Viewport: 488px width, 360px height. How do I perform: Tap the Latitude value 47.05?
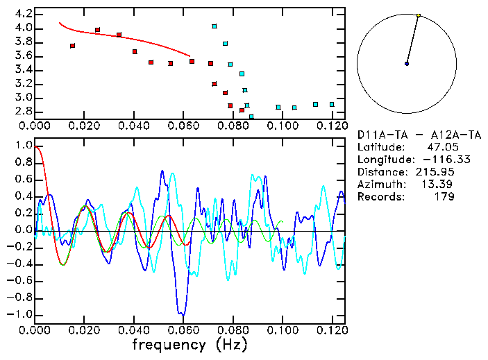click(x=440, y=147)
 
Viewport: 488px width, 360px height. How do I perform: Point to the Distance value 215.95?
click(x=437, y=172)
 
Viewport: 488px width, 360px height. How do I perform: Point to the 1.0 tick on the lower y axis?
click(x=23, y=146)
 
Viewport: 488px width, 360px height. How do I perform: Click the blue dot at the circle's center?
click(x=406, y=64)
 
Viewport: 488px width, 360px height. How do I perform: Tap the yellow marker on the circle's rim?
click(x=419, y=15)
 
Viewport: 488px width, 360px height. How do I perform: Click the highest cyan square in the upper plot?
click(x=214, y=26)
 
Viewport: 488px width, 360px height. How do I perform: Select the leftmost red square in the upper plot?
click(x=73, y=46)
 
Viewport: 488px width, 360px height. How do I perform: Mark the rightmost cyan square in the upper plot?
click(x=332, y=104)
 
